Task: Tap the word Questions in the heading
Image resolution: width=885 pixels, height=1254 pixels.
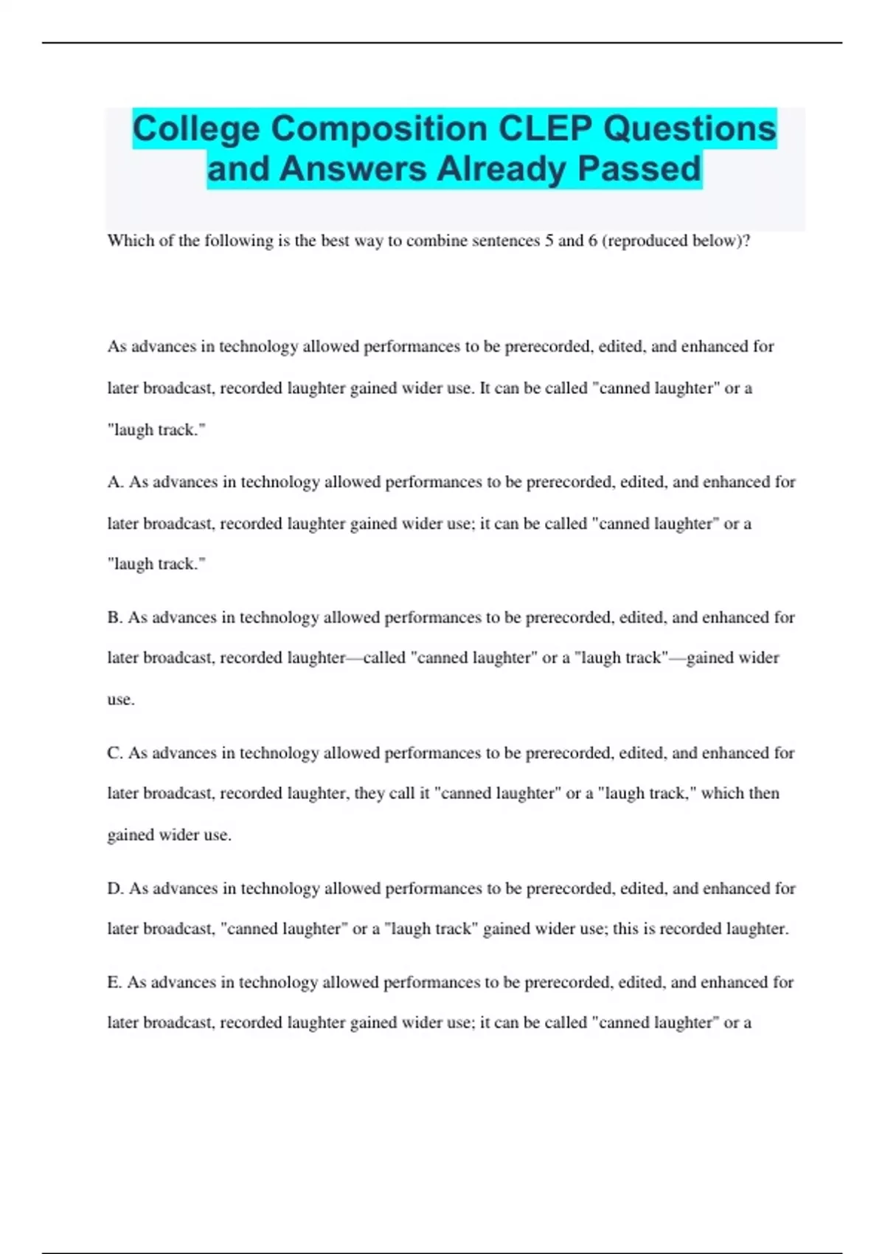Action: (690, 129)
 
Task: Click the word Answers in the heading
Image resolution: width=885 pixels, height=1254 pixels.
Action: (353, 169)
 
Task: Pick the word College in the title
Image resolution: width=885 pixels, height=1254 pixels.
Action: (196, 129)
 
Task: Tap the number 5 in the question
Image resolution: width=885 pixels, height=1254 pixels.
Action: (549, 240)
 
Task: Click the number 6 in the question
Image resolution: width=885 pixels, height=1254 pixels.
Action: (592, 240)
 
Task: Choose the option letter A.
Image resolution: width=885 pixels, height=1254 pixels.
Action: (114, 482)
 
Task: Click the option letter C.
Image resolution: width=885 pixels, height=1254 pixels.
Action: (114, 753)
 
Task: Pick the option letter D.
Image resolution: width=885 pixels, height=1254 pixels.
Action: (114, 889)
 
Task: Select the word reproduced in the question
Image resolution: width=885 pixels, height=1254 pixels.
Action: (646, 240)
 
